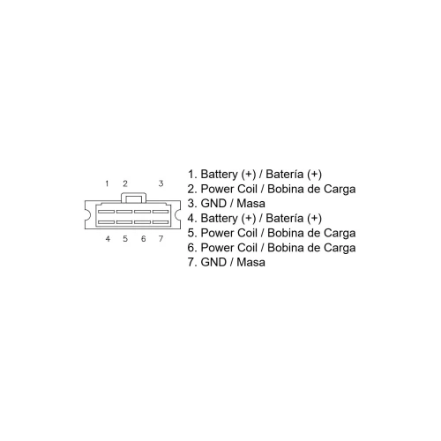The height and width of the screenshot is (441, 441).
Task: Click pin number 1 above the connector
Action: [x=107, y=183]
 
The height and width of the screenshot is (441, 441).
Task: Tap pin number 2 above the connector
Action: [x=125, y=183]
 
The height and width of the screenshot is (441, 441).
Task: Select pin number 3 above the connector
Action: [x=161, y=183]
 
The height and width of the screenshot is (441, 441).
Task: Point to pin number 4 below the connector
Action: [x=108, y=239]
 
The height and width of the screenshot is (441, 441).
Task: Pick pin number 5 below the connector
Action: [x=125, y=239]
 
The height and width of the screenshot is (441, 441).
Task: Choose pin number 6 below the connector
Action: [x=143, y=239]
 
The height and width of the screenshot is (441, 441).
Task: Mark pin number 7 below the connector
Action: [x=161, y=239]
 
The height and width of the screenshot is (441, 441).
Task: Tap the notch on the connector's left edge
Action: [x=86, y=214]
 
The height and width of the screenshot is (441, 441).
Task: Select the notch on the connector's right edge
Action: [x=177, y=214]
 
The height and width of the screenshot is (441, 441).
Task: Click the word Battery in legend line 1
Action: [x=219, y=175]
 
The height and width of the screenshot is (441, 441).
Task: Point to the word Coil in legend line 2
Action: [x=249, y=189]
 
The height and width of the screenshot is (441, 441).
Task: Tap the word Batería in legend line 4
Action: [x=285, y=218]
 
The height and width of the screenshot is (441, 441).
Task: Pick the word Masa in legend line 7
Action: [x=250, y=262]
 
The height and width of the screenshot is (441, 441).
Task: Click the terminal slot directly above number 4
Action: [x=106, y=222]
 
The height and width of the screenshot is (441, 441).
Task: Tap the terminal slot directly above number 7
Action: [x=161, y=222]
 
